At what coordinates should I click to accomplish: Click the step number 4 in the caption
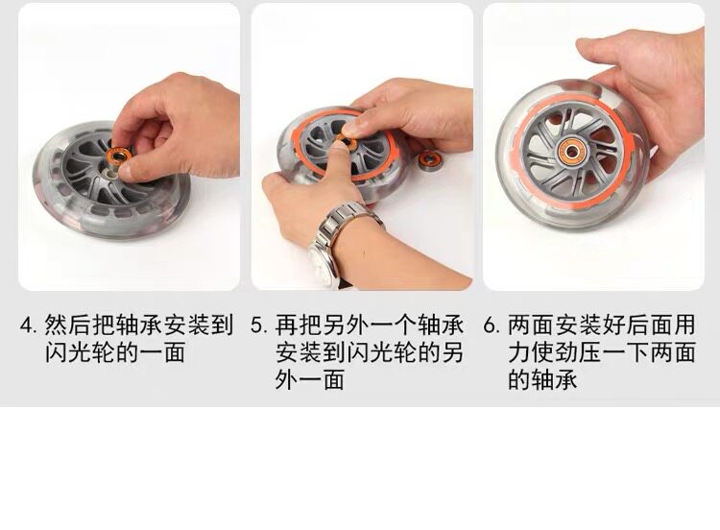click(x=26, y=325)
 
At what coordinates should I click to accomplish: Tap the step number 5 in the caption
click(x=256, y=325)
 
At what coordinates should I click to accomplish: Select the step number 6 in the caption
click(x=490, y=325)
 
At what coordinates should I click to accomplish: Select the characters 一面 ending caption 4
click(x=163, y=352)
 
